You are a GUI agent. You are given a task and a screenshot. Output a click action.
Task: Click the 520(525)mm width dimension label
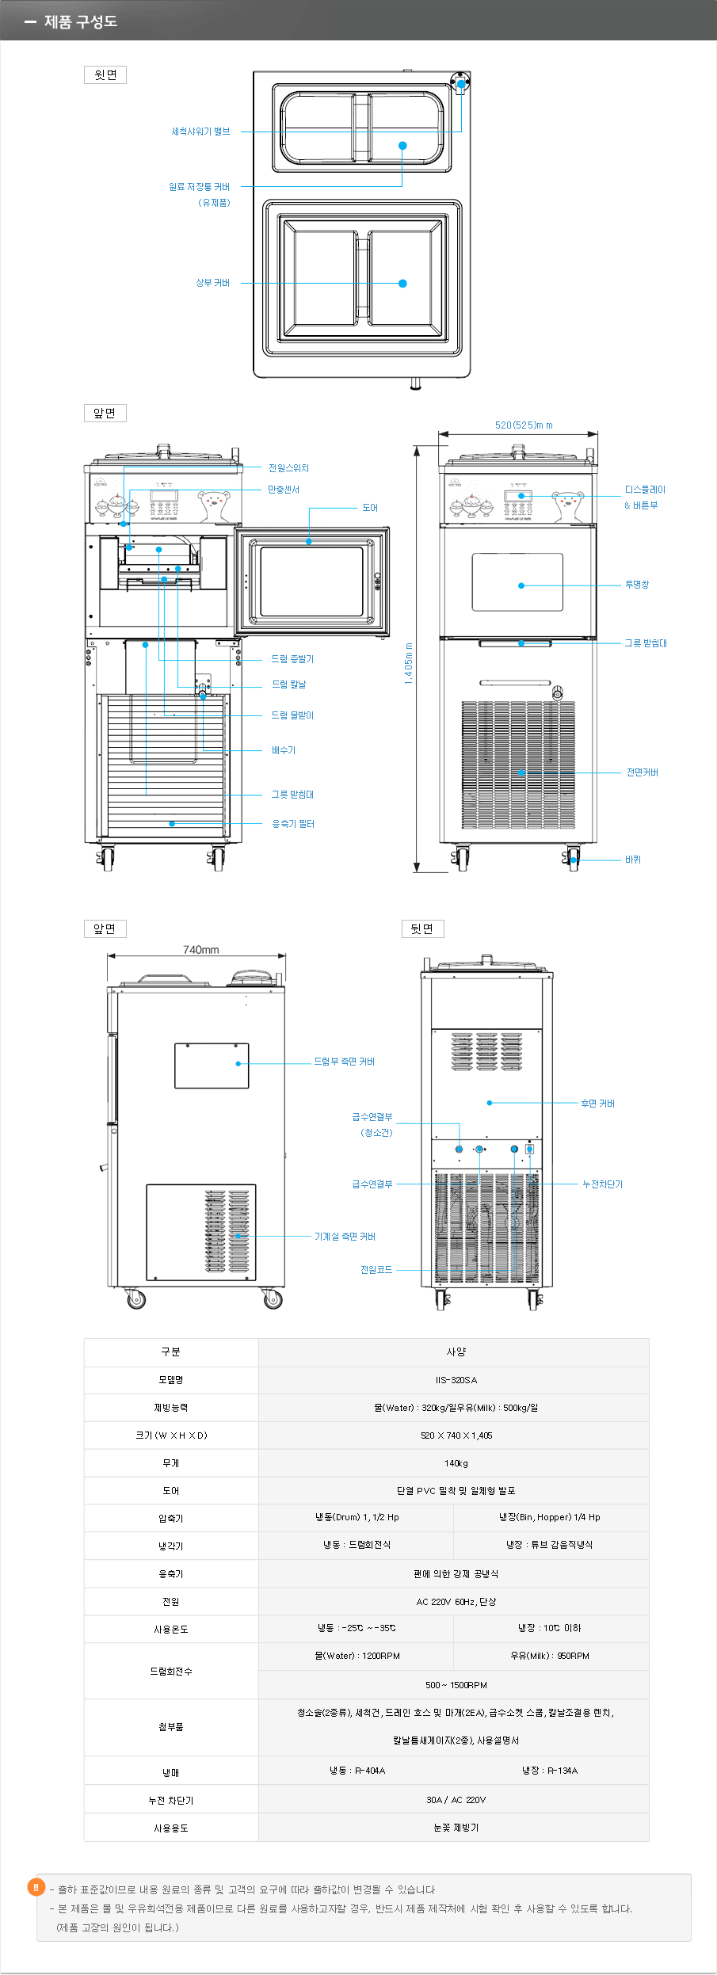tap(524, 425)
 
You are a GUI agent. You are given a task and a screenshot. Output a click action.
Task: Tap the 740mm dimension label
tap(201, 950)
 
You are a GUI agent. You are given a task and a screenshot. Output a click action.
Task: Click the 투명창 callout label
tap(637, 585)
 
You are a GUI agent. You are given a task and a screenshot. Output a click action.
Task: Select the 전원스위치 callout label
tap(288, 468)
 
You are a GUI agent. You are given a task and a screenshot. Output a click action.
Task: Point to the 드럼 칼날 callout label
tap(289, 684)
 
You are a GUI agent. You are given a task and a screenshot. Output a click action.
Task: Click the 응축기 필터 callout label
tap(293, 824)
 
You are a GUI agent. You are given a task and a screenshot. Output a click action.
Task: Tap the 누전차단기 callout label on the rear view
tap(602, 1184)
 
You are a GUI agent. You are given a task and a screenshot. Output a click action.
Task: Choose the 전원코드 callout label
tap(376, 1270)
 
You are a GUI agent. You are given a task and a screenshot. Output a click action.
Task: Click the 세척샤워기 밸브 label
tap(200, 132)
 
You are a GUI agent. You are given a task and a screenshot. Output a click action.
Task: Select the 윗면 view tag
tap(105, 75)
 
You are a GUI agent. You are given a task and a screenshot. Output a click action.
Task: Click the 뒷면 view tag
tap(422, 928)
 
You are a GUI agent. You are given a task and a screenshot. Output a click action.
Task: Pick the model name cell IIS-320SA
tap(456, 1380)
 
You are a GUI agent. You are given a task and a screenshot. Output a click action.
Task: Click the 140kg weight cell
tap(456, 1463)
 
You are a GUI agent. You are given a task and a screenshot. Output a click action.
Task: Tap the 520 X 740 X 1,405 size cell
tap(456, 1435)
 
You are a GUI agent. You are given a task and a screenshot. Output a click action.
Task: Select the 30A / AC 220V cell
tap(456, 1800)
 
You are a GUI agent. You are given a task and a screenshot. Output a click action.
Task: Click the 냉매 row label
tap(171, 1773)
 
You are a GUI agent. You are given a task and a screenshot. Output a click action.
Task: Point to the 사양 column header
tap(456, 1352)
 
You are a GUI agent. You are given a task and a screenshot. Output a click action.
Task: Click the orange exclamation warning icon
tap(36, 1887)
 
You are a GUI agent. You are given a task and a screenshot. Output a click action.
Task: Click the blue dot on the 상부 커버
tap(402, 284)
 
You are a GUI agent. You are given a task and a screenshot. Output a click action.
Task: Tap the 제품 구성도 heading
tap(81, 21)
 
